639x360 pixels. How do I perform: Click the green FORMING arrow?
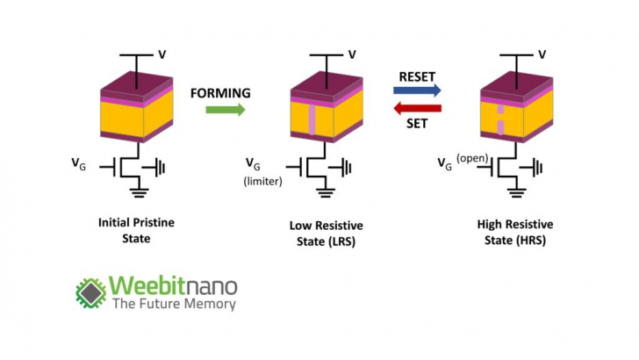[x=224, y=109]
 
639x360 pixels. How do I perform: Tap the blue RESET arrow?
[x=417, y=90]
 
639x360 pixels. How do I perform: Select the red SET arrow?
[x=416, y=108]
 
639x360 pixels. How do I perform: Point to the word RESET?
[x=416, y=76]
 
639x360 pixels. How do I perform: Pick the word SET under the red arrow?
[x=417, y=124]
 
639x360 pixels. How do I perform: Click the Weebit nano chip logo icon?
[x=90, y=293]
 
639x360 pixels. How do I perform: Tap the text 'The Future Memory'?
[x=172, y=305]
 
